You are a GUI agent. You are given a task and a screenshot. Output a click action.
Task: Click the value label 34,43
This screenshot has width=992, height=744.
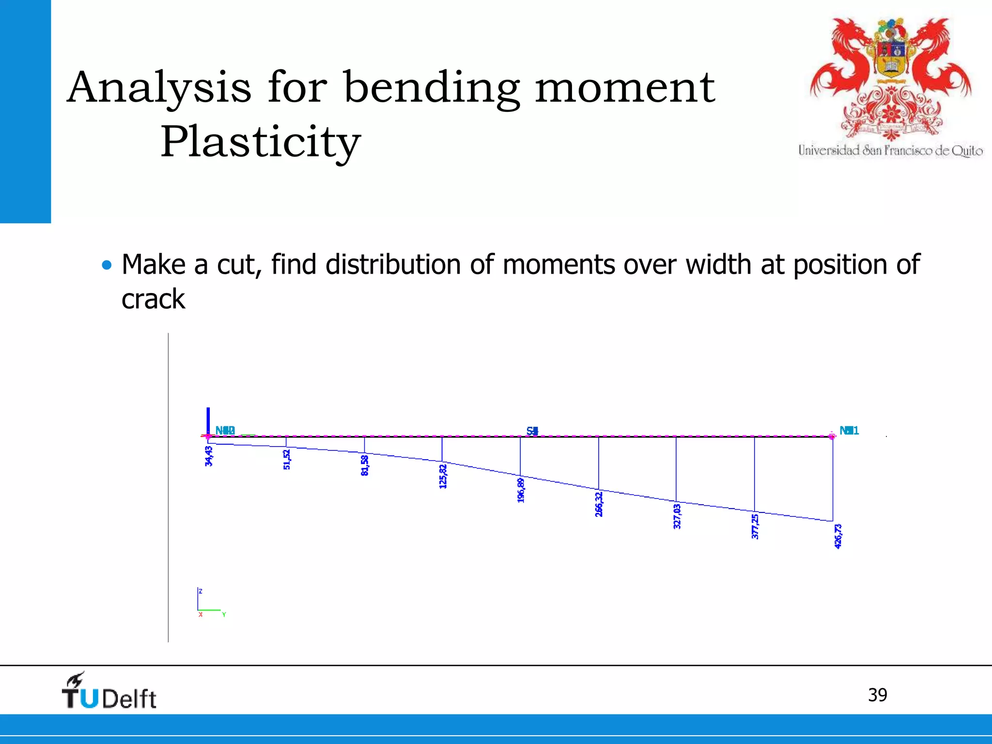(209, 456)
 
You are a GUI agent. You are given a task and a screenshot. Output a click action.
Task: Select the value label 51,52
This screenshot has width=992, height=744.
(287, 460)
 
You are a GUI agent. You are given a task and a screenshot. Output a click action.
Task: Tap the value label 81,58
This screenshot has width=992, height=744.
(365, 465)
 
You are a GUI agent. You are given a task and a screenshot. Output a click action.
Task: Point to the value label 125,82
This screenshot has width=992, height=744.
(443, 477)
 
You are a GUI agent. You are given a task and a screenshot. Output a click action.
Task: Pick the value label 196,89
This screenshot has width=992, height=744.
(521, 490)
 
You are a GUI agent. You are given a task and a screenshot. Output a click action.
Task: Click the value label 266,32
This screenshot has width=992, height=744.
(599, 504)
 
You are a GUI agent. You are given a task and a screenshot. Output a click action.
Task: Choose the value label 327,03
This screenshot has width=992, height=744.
(677, 516)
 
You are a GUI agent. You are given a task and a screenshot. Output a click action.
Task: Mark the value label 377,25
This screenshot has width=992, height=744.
(755, 527)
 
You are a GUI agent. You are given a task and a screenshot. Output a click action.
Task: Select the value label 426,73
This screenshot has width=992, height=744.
(838, 536)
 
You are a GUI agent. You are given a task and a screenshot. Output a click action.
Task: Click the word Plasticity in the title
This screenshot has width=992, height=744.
(261, 142)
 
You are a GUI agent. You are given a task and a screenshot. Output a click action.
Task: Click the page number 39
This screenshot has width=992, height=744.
(877, 695)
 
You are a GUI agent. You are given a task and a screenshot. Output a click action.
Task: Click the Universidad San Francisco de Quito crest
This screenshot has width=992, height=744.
(890, 80)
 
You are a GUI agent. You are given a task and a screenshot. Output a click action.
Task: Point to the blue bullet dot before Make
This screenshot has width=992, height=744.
(107, 265)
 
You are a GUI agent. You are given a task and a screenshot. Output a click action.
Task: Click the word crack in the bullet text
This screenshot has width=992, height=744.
(153, 299)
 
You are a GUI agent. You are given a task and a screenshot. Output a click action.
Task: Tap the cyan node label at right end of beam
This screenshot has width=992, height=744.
(849, 431)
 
